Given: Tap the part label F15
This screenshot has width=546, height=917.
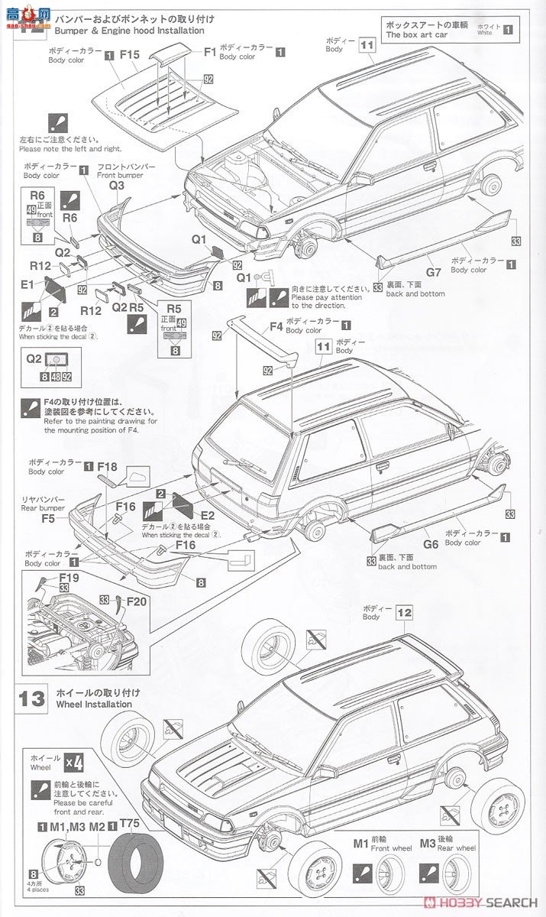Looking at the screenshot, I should [x=129, y=54].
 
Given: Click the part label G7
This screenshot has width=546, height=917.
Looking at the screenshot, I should [x=434, y=271].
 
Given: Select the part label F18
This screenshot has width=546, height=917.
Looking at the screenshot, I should [x=107, y=467].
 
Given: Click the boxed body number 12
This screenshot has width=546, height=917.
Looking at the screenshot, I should [x=405, y=612].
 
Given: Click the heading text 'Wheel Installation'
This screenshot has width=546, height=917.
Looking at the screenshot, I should [x=93, y=705].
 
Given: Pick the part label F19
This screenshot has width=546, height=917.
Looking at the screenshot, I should [x=69, y=578].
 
